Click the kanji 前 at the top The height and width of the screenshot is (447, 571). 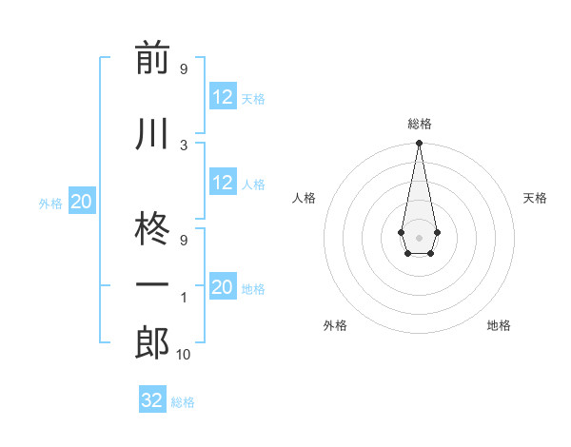tap(151, 58)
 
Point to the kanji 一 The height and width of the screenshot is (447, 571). tap(151, 286)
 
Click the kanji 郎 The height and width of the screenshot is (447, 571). tap(151, 343)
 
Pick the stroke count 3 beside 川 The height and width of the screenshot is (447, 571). tap(184, 145)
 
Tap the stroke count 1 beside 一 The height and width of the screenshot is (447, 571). tap(184, 298)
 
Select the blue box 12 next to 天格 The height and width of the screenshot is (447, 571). tap(223, 97)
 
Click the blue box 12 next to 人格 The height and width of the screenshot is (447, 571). tap(223, 183)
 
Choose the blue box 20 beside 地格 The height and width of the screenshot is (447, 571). tap(223, 287)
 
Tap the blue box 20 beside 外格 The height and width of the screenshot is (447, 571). tap(82, 202)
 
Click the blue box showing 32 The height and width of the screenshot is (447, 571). tap(152, 400)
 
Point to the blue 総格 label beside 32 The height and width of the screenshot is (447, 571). tap(183, 402)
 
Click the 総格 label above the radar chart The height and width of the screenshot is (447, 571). tap(419, 124)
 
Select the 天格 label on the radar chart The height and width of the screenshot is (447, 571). tap(535, 198)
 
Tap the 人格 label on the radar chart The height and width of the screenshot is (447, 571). tap(304, 198)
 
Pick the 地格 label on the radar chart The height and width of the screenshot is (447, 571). tap(499, 325)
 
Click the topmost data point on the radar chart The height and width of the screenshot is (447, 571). tap(419, 144)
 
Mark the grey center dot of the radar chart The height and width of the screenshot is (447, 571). tap(419, 237)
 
